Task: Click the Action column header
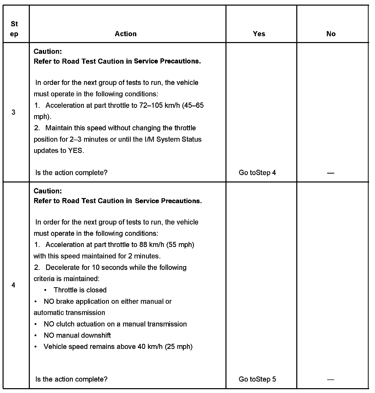[x=126, y=34]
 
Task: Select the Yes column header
[x=259, y=34]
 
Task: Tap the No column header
[x=331, y=34]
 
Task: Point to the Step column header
[x=14, y=29]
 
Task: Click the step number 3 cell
[x=14, y=112]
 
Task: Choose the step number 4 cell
[x=14, y=285]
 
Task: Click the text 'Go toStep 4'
[x=257, y=173]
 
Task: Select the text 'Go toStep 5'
[x=257, y=379]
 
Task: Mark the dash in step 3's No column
[x=331, y=173]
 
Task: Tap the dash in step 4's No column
[x=331, y=379]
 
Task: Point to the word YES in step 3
[x=75, y=151]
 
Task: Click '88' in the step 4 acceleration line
[x=143, y=245]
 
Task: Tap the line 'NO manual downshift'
[x=77, y=335]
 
